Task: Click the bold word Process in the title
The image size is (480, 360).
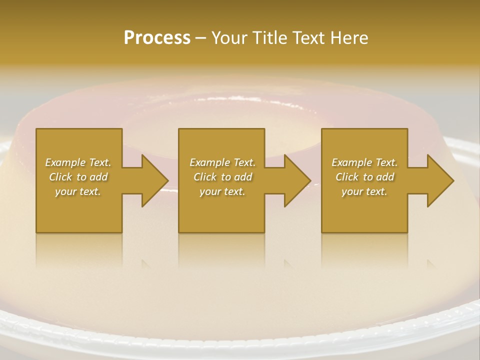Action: tap(157, 38)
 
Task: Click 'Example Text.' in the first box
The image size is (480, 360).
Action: tap(78, 162)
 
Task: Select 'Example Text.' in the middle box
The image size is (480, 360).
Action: tap(222, 162)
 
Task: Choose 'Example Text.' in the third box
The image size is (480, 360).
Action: tap(364, 162)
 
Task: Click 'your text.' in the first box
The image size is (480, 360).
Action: tap(78, 191)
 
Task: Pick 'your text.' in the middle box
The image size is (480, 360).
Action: tap(222, 191)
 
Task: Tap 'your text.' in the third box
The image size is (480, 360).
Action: tap(364, 191)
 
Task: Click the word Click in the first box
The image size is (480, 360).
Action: tap(61, 177)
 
